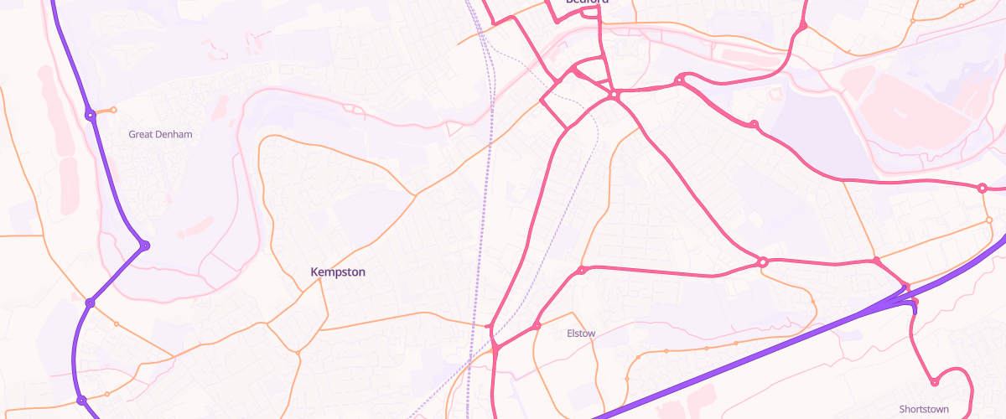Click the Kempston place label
click(338, 272)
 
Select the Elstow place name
click(581, 334)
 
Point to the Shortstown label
click(924, 409)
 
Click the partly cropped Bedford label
click(587, 3)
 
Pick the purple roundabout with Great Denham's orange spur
click(90, 114)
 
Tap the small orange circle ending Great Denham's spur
click(114, 110)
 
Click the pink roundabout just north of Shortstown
click(934, 383)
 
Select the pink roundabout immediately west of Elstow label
click(537, 326)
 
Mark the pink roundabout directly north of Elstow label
click(581, 270)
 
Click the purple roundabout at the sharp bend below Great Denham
click(145, 246)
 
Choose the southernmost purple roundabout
click(81, 401)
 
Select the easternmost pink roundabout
click(982, 188)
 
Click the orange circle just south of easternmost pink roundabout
click(989, 220)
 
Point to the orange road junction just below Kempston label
click(319, 280)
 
